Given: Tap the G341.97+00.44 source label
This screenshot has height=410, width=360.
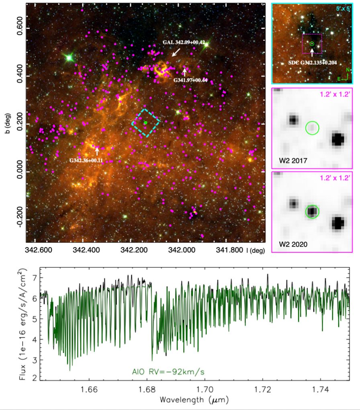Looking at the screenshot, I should (x=193, y=80).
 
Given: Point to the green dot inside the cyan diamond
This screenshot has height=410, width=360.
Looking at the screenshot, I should (x=146, y=123).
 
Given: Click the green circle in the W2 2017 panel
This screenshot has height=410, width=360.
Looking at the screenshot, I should (x=312, y=128).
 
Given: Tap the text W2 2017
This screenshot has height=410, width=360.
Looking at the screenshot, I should (x=293, y=160).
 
